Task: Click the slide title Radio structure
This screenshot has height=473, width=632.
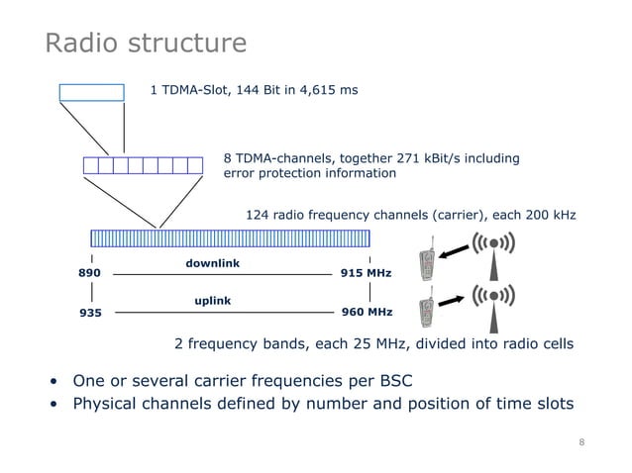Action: coord(146,44)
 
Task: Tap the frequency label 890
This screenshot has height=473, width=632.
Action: coord(90,273)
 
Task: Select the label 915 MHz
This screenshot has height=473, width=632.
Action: coord(366,273)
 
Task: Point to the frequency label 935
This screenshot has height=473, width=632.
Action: coord(90,313)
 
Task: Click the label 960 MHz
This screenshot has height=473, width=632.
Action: coord(366,313)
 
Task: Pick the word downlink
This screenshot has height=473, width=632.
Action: coord(213,262)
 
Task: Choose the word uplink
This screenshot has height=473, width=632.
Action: coord(213,298)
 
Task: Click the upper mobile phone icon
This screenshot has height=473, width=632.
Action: coord(427,262)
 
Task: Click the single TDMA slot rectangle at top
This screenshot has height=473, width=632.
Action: coord(91,92)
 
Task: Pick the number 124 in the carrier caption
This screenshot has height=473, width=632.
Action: coord(257,215)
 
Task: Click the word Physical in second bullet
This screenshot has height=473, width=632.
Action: coord(106,405)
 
